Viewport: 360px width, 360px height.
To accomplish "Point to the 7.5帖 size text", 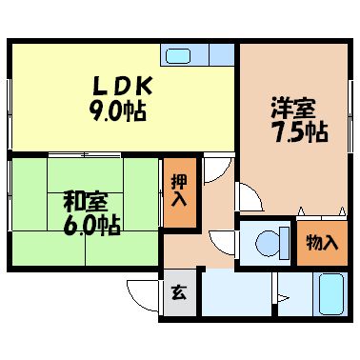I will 296,132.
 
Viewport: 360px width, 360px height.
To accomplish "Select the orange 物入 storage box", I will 321,242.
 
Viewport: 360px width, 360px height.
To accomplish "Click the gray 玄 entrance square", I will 178,292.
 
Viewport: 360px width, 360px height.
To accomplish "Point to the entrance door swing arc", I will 143,291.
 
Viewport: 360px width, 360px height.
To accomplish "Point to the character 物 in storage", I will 313,242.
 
